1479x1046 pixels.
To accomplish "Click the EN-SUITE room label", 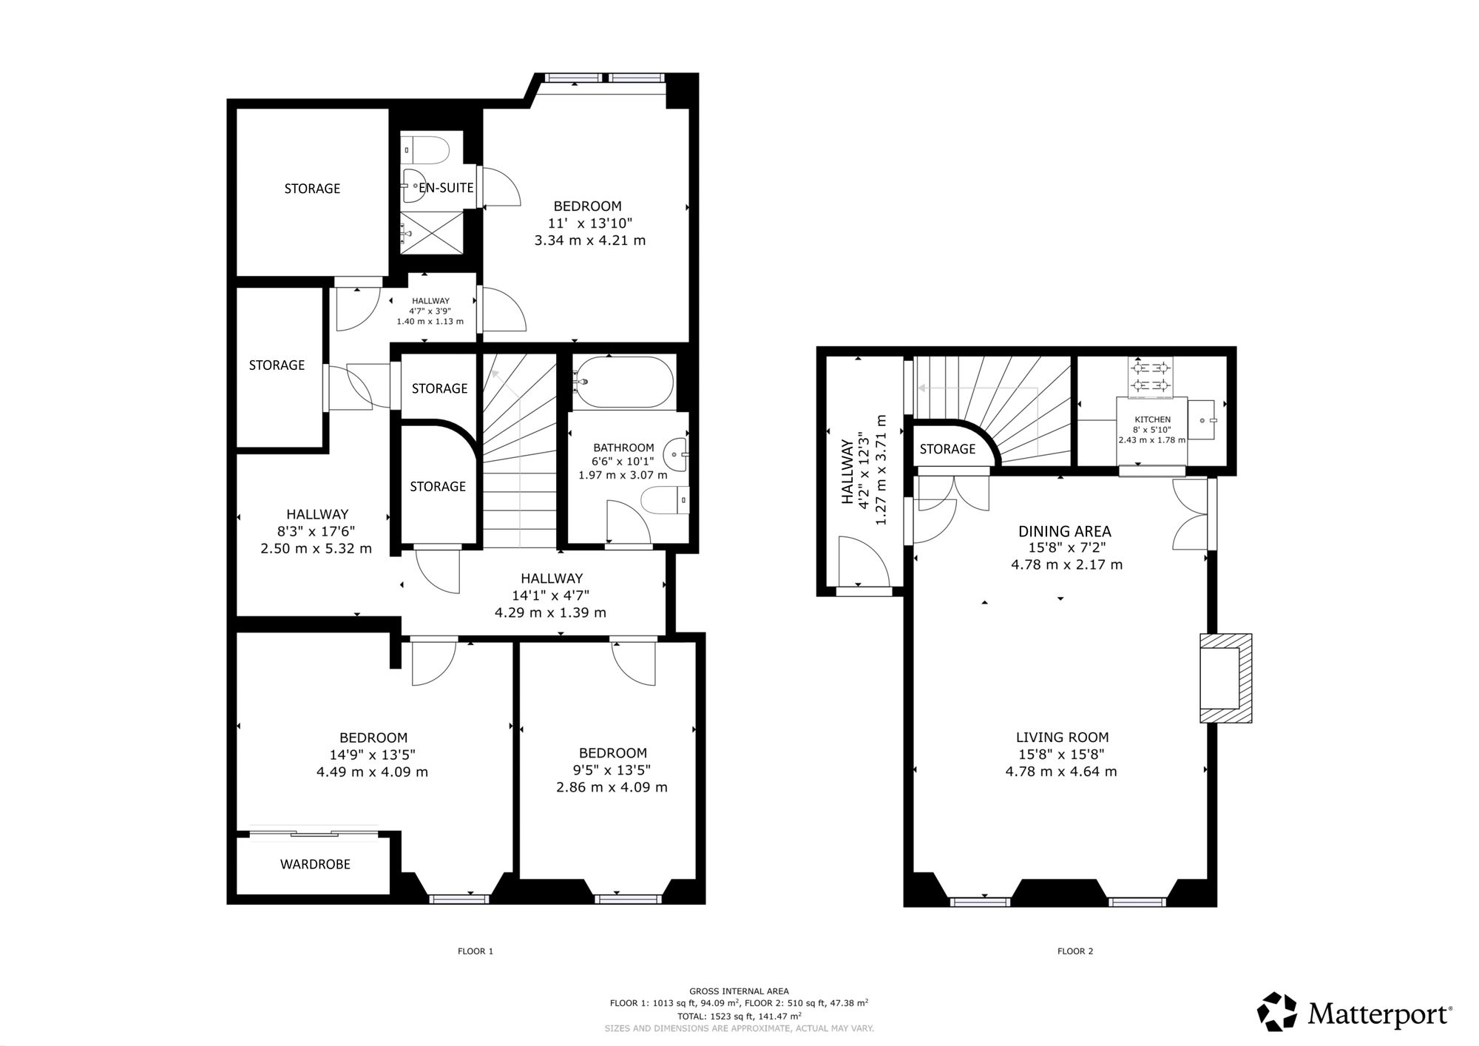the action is point(446,188).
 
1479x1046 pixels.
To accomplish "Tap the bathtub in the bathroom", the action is point(623,382).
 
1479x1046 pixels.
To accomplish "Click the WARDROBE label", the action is point(315,864).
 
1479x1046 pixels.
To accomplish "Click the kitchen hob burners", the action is point(1151,376).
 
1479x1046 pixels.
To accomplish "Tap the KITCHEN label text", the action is point(1153,419).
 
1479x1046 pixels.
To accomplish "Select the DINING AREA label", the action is point(1065,531).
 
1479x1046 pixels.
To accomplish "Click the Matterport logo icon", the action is point(1277,1012).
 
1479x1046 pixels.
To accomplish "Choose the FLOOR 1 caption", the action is point(475,951).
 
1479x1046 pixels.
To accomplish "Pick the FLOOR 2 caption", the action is point(1075,951).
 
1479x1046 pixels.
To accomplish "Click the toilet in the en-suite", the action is point(425,151).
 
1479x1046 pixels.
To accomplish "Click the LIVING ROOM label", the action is point(1062,737).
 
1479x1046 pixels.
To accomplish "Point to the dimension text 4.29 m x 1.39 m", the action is point(550,613).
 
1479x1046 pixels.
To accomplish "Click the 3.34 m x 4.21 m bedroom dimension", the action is point(590,240).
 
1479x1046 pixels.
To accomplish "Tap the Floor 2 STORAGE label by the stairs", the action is point(947,449).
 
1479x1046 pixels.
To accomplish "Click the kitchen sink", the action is point(1202,420).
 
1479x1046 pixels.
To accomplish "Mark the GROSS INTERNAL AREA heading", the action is point(739,991).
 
